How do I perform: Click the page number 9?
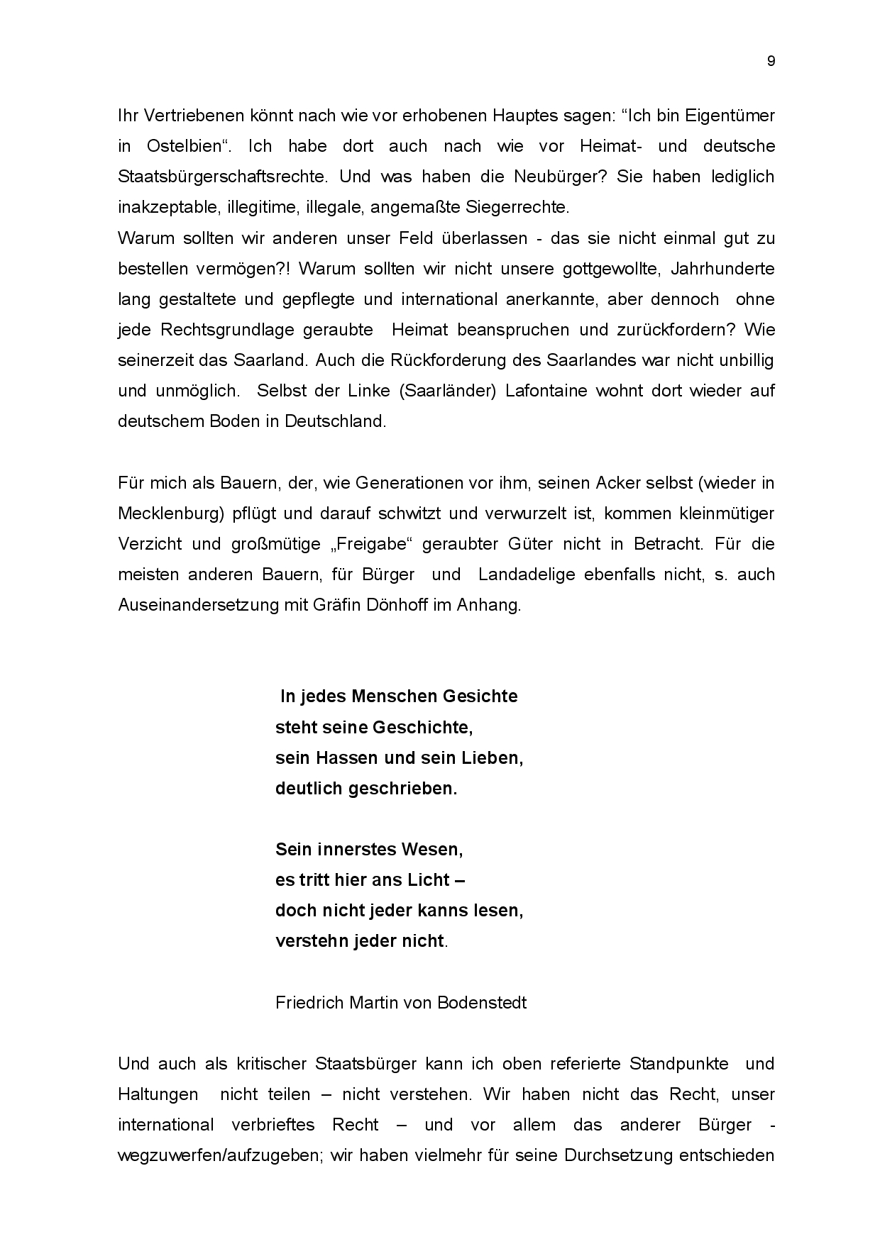(x=771, y=61)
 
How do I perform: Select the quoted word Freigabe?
(x=371, y=544)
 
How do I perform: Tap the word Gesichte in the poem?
(x=480, y=696)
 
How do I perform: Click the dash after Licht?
(x=458, y=880)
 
